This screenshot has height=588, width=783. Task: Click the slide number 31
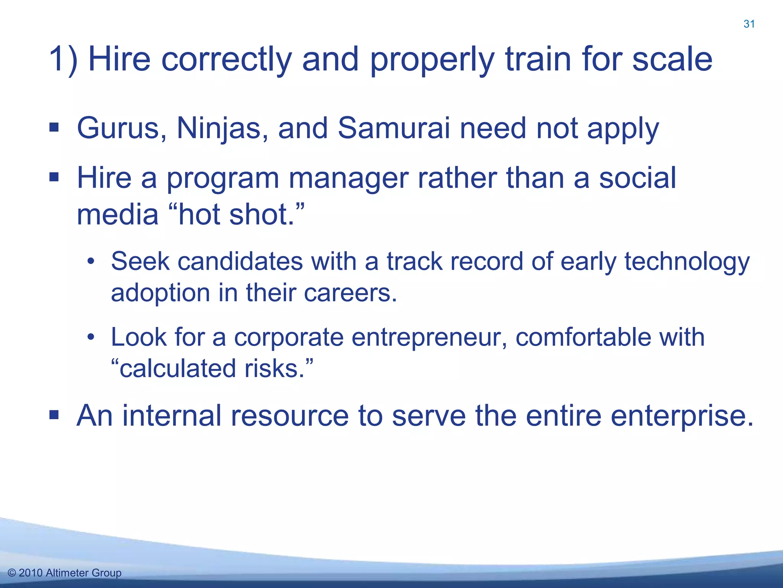749,24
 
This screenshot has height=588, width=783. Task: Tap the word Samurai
393,129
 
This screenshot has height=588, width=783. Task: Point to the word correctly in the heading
226,60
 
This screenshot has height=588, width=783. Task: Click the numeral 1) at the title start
63,60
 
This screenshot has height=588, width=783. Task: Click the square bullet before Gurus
54,127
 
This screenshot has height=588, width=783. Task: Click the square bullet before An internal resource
54,415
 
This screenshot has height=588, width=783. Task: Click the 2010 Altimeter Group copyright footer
65,573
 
